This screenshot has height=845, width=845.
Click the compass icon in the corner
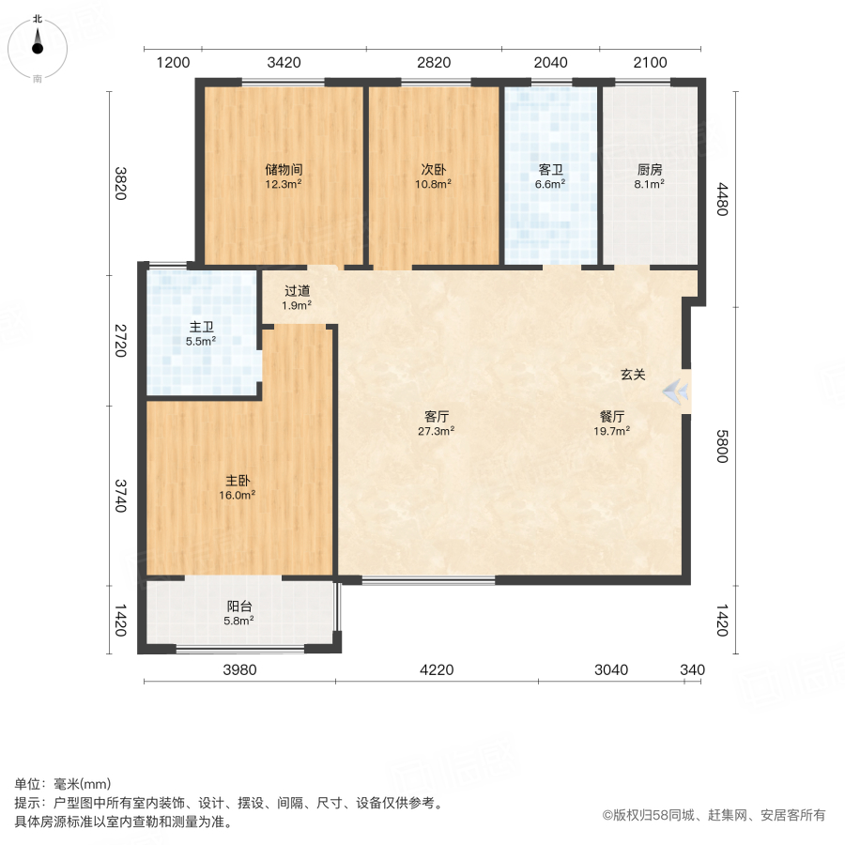(x=38, y=47)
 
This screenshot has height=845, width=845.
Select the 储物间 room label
(x=283, y=170)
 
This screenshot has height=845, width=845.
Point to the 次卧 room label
(x=433, y=170)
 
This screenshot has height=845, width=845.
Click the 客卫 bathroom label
(x=550, y=170)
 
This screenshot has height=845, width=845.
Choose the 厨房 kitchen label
(x=650, y=170)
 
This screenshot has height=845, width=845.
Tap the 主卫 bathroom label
(x=202, y=328)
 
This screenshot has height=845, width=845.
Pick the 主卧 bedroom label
(x=239, y=480)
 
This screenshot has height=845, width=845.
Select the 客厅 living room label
(x=438, y=416)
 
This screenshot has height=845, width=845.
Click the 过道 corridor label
(x=298, y=290)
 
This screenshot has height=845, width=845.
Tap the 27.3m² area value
(x=438, y=431)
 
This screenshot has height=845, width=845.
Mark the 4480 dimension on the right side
(x=721, y=198)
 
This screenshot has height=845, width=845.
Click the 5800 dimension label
(x=721, y=445)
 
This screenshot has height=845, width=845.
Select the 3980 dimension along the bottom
(x=240, y=669)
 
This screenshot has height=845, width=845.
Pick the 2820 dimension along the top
(x=433, y=63)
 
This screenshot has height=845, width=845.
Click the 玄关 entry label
(x=632, y=374)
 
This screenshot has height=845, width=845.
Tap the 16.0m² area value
(x=239, y=495)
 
